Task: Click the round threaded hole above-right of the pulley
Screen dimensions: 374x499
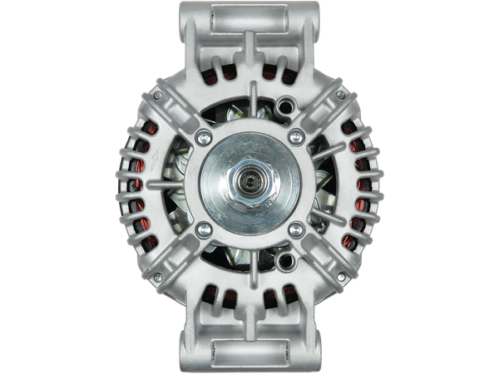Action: click(287, 106)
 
